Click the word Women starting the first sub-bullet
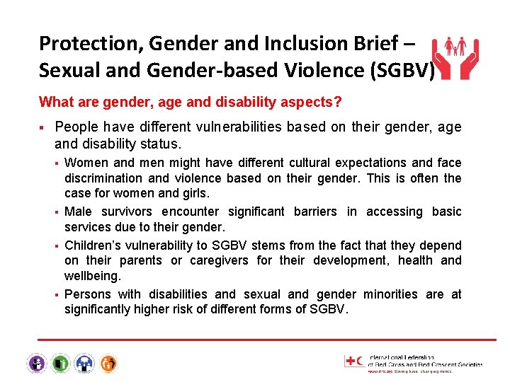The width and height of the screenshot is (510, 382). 86,163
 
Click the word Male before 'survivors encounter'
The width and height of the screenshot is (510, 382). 79,212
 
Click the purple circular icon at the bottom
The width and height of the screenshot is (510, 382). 37,364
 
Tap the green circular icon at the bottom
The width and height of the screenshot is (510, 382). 60,364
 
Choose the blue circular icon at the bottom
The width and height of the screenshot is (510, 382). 84,364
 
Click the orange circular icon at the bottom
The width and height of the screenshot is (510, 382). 108,364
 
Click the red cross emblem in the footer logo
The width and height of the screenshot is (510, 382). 352,361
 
